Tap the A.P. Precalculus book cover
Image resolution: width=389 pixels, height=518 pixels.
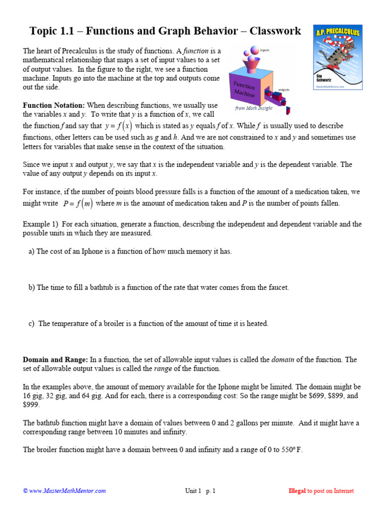[338, 57]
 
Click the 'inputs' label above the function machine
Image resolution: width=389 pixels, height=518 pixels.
[265, 51]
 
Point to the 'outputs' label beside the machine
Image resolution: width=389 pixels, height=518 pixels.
[284, 90]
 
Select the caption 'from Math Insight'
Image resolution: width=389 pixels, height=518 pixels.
[254, 108]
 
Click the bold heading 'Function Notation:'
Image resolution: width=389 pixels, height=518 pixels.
[54, 105]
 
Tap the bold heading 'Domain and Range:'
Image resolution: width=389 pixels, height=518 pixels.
[55, 360]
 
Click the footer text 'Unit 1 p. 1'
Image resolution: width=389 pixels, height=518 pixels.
[200, 491]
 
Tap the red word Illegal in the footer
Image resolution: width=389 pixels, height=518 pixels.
[297, 491]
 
